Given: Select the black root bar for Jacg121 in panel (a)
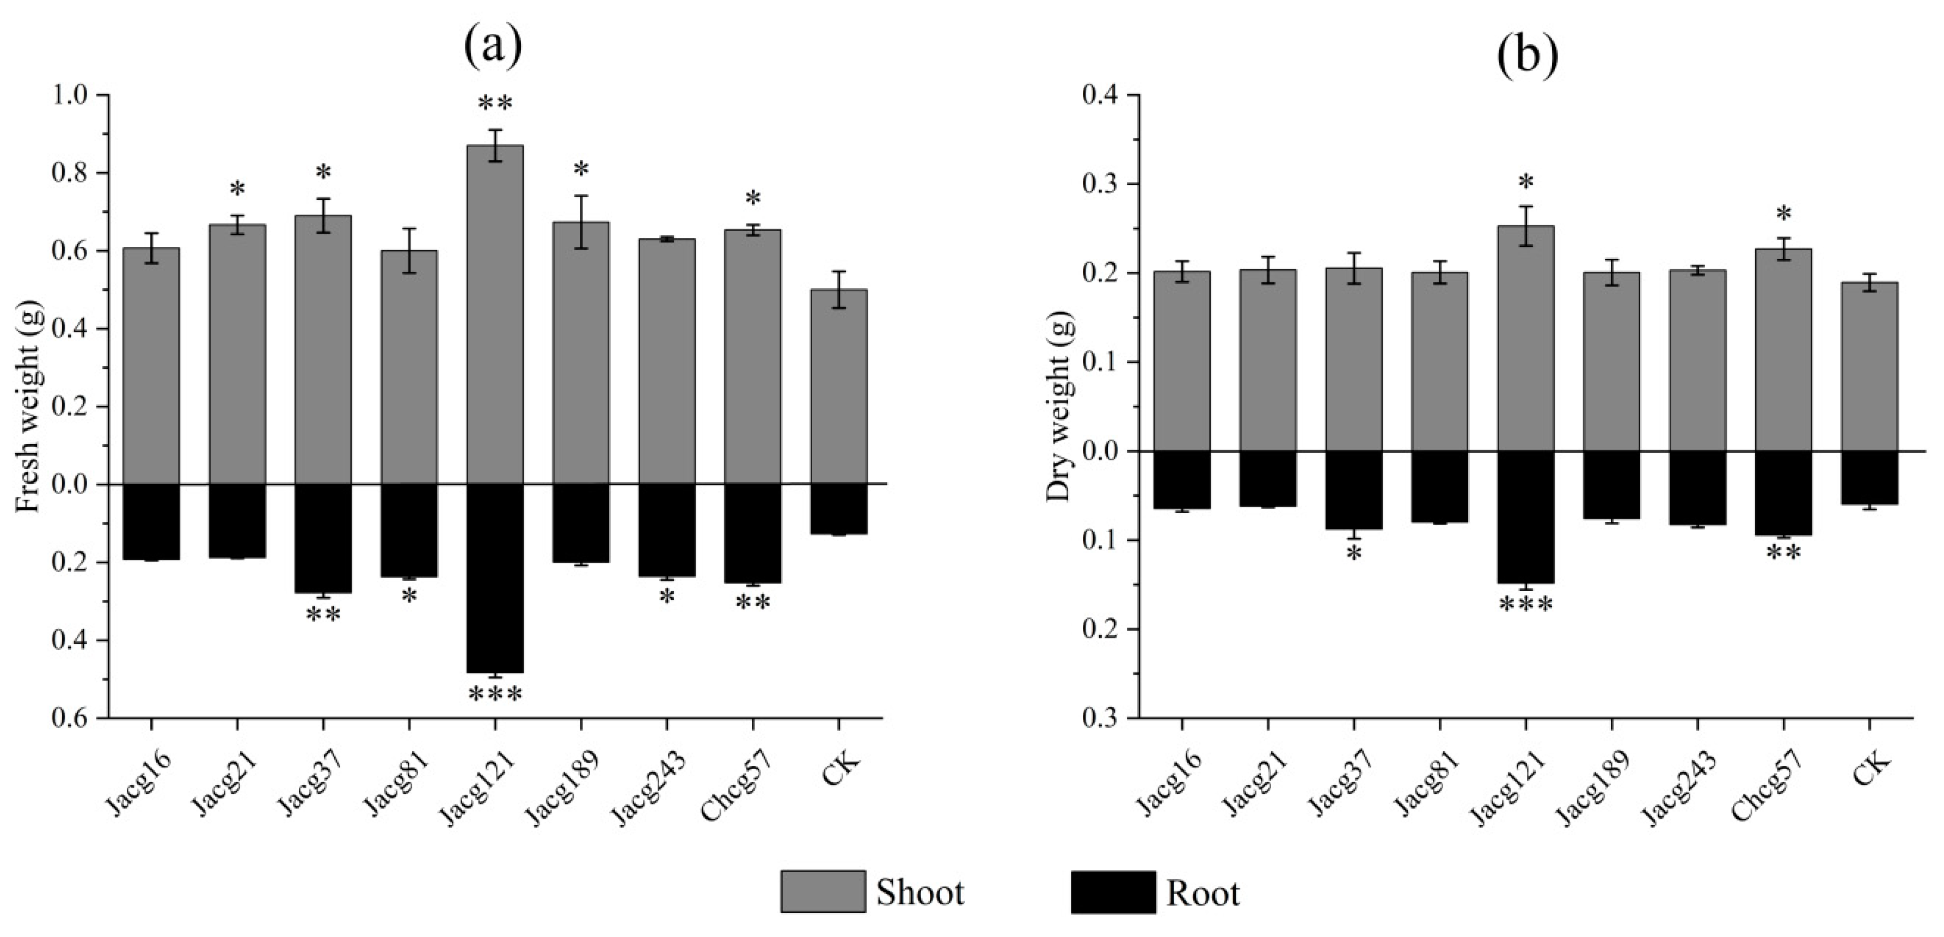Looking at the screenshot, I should pos(495,577).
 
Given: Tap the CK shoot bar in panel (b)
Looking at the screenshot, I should pos(1869,366).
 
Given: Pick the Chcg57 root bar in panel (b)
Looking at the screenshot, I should pos(1783,493).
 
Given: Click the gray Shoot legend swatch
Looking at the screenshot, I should pos(823,892).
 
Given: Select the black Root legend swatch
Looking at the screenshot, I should pos(1112,892).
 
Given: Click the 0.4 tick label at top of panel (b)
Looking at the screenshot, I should pos(1101,95).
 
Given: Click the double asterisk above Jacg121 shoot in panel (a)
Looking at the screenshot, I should pos(495,104).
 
